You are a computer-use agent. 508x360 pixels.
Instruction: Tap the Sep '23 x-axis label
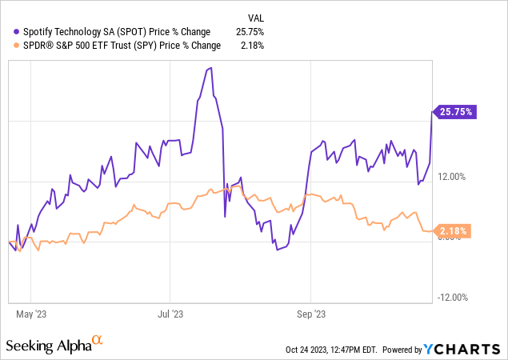(x=310, y=314)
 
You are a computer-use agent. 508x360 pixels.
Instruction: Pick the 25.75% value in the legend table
(x=250, y=32)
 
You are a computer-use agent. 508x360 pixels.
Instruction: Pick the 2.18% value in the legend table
(x=252, y=46)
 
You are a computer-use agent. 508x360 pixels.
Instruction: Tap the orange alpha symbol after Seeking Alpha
(x=98, y=341)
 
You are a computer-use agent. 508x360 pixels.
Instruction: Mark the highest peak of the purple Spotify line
(x=210, y=69)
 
